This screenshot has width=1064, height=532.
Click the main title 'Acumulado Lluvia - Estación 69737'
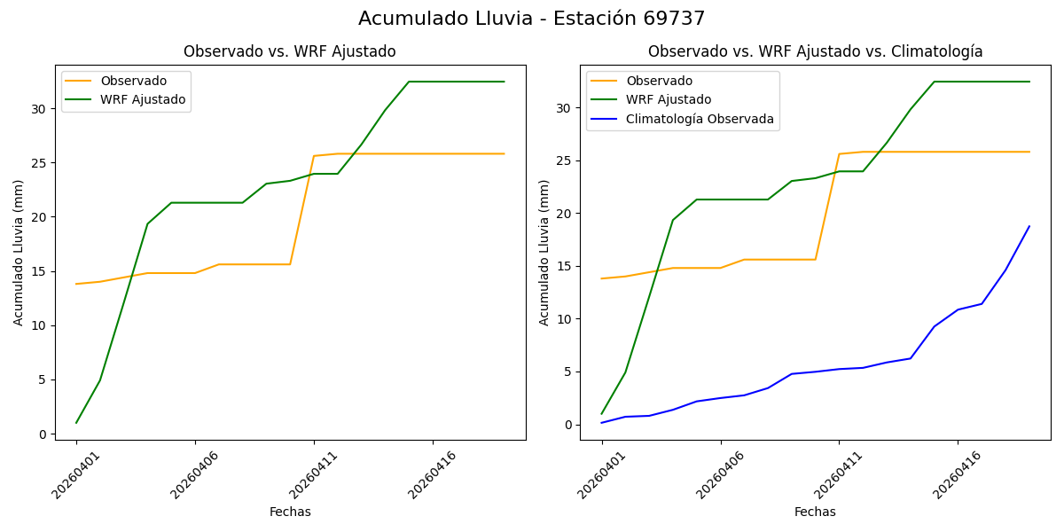point(532,19)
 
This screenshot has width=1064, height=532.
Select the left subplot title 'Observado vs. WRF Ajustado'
point(289,51)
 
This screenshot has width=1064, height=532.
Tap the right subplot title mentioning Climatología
point(815,51)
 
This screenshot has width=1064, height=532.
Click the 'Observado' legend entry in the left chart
point(133,82)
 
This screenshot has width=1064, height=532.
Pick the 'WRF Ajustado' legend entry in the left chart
point(143,100)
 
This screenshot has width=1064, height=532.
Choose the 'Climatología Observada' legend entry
point(700,119)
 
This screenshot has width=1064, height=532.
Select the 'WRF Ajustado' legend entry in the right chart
point(669,100)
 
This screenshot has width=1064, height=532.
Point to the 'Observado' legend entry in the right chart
point(659,82)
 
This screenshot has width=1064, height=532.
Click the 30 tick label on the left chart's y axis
point(38,109)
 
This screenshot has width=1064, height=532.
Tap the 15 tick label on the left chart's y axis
point(38,271)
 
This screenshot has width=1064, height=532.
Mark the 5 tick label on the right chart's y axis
point(567,372)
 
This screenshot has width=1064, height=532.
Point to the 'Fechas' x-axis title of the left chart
point(290,512)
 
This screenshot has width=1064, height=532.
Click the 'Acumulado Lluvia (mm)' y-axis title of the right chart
point(544,252)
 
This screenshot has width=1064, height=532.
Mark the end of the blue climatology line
point(1029,226)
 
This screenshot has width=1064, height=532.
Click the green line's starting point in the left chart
point(76,422)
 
